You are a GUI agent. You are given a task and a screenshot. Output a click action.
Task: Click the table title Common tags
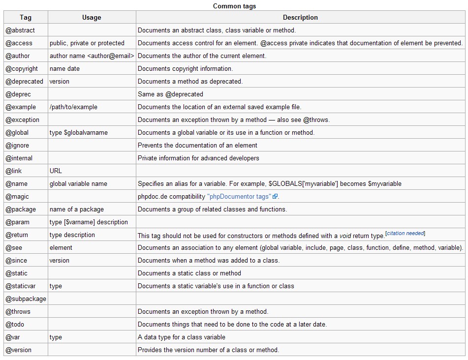pos(234,6)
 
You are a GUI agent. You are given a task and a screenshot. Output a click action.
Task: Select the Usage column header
pos(92,18)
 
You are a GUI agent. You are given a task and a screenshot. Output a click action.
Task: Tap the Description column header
pos(300,18)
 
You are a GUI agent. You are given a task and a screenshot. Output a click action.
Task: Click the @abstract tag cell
pos(20,30)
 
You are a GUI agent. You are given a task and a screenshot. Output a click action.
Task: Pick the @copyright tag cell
pos(22,69)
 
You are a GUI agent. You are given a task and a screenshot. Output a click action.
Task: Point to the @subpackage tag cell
pos(26,299)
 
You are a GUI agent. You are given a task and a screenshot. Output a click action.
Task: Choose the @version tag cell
pos(18,350)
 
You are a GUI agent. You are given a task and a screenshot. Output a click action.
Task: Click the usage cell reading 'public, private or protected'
pos(87,43)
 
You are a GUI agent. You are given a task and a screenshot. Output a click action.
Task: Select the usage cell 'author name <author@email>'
pos(92,56)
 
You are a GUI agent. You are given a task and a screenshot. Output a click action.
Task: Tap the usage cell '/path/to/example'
pos(73,107)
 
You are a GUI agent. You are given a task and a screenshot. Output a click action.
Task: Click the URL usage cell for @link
pos(56,171)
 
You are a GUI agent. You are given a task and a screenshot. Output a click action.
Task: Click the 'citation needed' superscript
pos(406,234)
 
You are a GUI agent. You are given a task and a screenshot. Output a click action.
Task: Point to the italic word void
pos(345,236)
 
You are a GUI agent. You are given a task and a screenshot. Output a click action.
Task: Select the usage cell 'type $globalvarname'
pos(79,133)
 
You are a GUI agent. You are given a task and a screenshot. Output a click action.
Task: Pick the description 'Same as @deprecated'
pos(170,94)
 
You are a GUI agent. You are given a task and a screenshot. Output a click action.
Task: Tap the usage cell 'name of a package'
pos(77,210)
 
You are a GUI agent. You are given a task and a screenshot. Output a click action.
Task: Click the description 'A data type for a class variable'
pos(182,337)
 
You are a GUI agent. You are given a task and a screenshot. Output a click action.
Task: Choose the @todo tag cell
pos(15,325)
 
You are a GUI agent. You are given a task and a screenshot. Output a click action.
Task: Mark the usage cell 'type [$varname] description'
pos(89,222)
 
